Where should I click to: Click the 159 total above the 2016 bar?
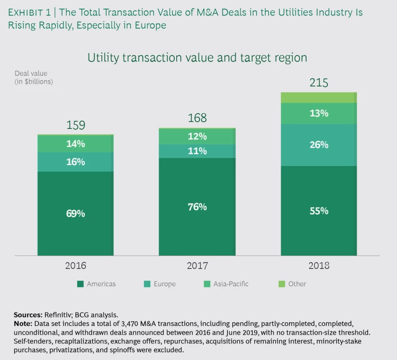coord(75,125)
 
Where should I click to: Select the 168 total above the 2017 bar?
coord(197,118)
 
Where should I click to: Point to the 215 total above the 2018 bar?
coord(319,83)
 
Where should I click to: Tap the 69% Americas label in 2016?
coord(75,213)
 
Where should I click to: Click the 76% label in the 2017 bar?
coord(197,207)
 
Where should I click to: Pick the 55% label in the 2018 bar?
coord(319,211)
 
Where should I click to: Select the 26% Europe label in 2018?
coord(319,145)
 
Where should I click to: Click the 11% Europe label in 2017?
coord(197,151)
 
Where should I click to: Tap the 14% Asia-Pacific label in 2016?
coord(75,144)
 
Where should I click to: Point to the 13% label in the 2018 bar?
coord(319,113)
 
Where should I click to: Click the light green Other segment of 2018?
coord(319,98)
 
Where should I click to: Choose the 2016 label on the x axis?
coord(75,266)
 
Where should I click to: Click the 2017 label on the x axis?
coord(197,266)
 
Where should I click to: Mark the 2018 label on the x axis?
coord(319,266)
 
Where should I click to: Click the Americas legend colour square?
coord(80,283)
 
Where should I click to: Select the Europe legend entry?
coord(160,283)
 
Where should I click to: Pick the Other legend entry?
coord(293,283)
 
